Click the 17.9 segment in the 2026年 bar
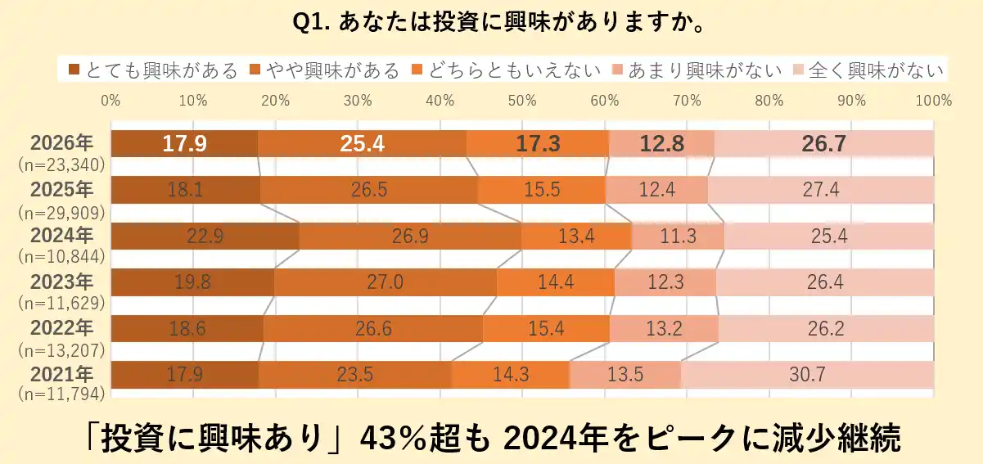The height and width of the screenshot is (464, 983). tap(184, 144)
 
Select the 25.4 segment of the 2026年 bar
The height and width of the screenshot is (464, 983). tap(362, 144)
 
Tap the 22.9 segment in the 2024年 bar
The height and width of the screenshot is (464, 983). tap(205, 237)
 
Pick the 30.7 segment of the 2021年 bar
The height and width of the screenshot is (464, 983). tap(806, 375)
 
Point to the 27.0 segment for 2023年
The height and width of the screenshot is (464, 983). tap(385, 282)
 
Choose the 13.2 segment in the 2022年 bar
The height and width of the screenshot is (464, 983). tap(664, 329)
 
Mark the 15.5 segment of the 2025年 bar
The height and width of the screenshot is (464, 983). tap(542, 190)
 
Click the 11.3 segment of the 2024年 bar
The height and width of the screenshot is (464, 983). tap(678, 237)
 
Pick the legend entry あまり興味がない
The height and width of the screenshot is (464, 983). tap(702, 70)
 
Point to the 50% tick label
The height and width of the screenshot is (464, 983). tap(522, 101)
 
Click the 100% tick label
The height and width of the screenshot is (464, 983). tap(934, 101)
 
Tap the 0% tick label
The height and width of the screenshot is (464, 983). tap(110, 101)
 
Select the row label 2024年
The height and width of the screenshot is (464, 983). tap(62, 236)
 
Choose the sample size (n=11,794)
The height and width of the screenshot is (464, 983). tap(61, 394)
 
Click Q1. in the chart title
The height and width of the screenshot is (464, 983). tap(312, 22)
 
